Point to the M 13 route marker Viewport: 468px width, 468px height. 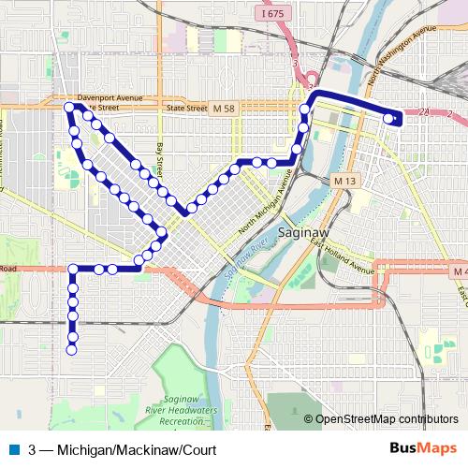344,178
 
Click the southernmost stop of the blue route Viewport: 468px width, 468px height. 71,350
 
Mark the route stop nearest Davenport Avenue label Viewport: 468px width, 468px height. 69,109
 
